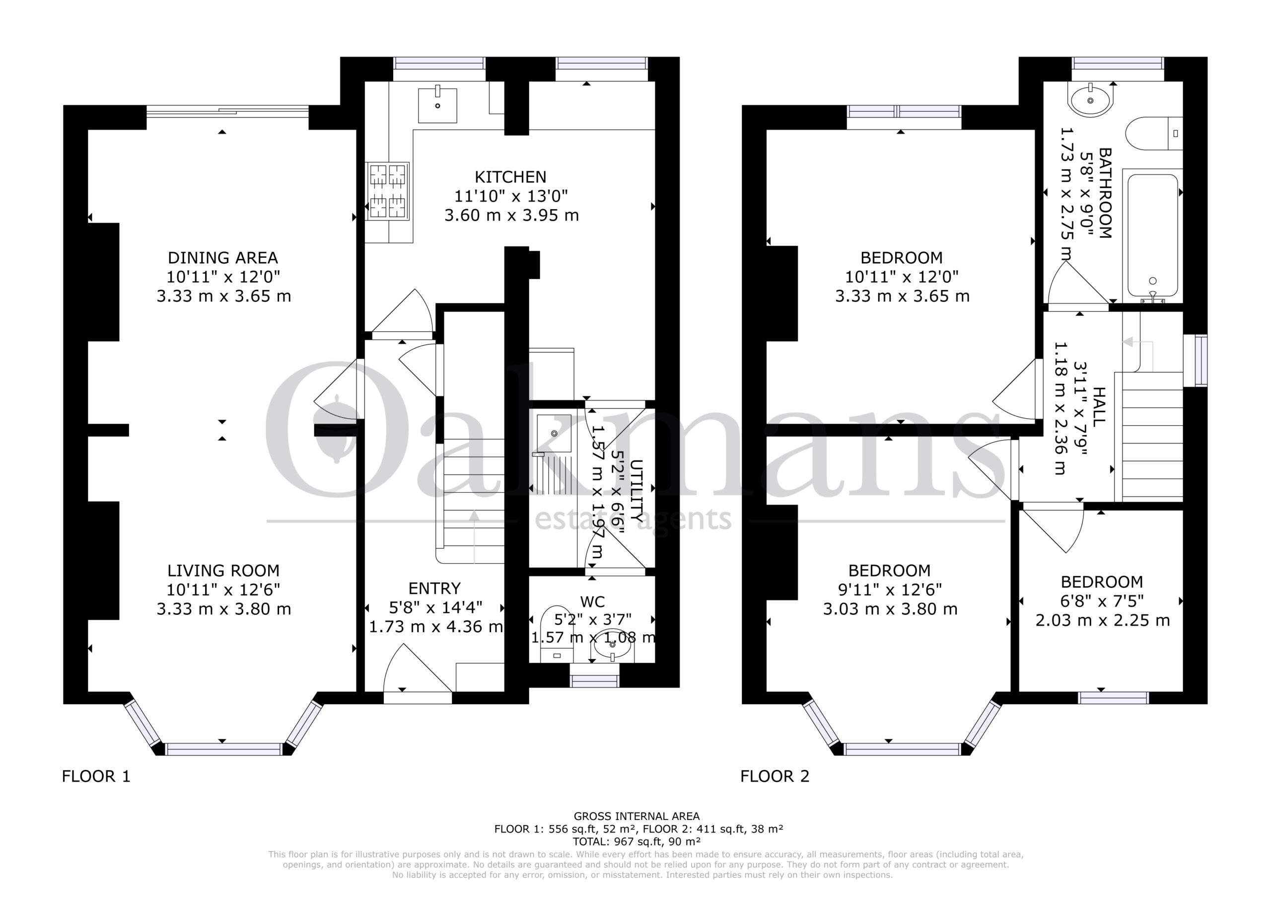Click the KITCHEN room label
(510, 177)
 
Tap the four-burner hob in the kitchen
(387, 191)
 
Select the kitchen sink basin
(437, 104)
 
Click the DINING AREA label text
(222, 258)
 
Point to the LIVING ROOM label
(223, 571)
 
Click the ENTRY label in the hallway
(434, 588)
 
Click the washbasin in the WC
(612, 645)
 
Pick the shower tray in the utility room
(554, 454)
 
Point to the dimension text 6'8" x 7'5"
(1102, 601)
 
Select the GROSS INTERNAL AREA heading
(636, 816)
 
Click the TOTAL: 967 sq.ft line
(636, 842)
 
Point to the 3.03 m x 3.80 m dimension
(890, 609)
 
